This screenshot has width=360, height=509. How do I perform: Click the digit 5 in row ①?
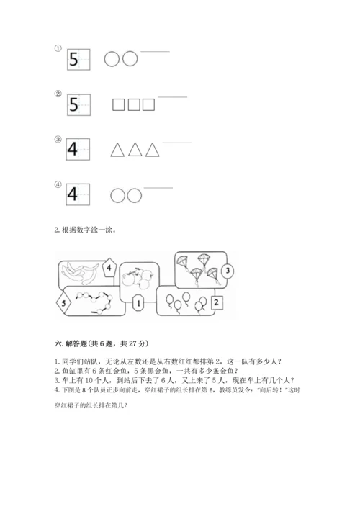click(75, 59)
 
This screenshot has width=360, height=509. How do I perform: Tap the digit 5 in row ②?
click(74, 105)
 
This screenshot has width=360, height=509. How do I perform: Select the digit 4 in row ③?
click(74, 150)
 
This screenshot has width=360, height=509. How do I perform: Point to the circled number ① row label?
click(58, 48)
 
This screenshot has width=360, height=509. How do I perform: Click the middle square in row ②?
click(133, 105)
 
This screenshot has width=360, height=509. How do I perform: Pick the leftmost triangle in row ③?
click(117, 150)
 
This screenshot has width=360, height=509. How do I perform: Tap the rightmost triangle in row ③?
click(152, 150)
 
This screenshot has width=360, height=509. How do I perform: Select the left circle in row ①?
click(112, 59)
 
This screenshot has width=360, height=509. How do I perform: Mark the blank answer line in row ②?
click(172, 97)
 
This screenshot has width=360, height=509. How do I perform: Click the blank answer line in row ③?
click(177, 143)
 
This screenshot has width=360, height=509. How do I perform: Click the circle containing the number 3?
click(226, 271)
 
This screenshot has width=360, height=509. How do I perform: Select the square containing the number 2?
click(217, 303)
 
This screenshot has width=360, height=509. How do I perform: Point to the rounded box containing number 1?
click(137, 304)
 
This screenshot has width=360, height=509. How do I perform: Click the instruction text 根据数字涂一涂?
click(83, 230)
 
